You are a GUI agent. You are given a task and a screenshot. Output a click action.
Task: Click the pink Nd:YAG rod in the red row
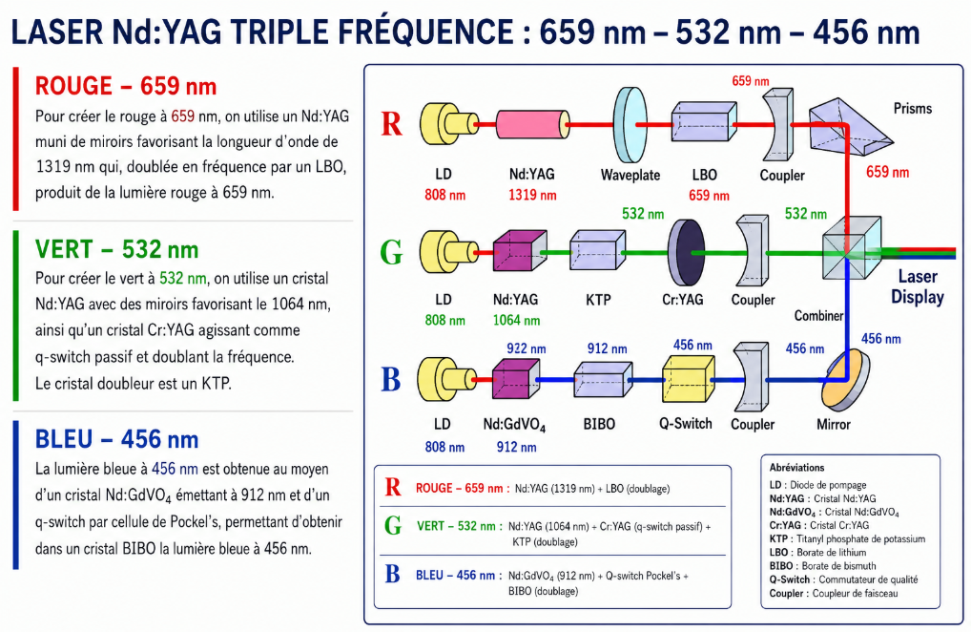point(532,124)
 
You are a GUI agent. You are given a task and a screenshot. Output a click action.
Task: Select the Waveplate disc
point(630,124)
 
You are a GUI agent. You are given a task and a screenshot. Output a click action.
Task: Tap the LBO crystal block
point(704,122)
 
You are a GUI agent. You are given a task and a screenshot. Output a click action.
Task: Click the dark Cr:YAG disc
point(686,252)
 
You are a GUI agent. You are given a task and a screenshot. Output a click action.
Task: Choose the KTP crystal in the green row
point(598,250)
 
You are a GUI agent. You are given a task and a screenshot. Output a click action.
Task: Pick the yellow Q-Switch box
point(689,378)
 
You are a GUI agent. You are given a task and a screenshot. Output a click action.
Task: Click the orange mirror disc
point(845,377)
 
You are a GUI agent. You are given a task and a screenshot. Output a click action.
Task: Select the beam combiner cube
point(852,248)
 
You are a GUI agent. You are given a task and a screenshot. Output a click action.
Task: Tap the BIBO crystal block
point(603,378)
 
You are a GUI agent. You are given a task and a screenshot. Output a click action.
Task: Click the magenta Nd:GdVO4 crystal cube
point(516,377)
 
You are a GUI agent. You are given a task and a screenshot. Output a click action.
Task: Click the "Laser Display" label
point(918,286)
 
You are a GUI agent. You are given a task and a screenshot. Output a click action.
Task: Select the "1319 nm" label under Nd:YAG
point(532,195)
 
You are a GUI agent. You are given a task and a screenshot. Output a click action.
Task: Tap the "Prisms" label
point(912,109)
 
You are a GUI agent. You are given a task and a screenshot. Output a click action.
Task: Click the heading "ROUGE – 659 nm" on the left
point(126,86)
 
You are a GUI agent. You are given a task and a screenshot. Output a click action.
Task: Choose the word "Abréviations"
point(797,467)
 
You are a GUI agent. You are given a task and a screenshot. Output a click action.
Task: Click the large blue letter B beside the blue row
point(391,379)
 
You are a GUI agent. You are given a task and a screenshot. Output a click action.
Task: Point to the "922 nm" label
point(527,348)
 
